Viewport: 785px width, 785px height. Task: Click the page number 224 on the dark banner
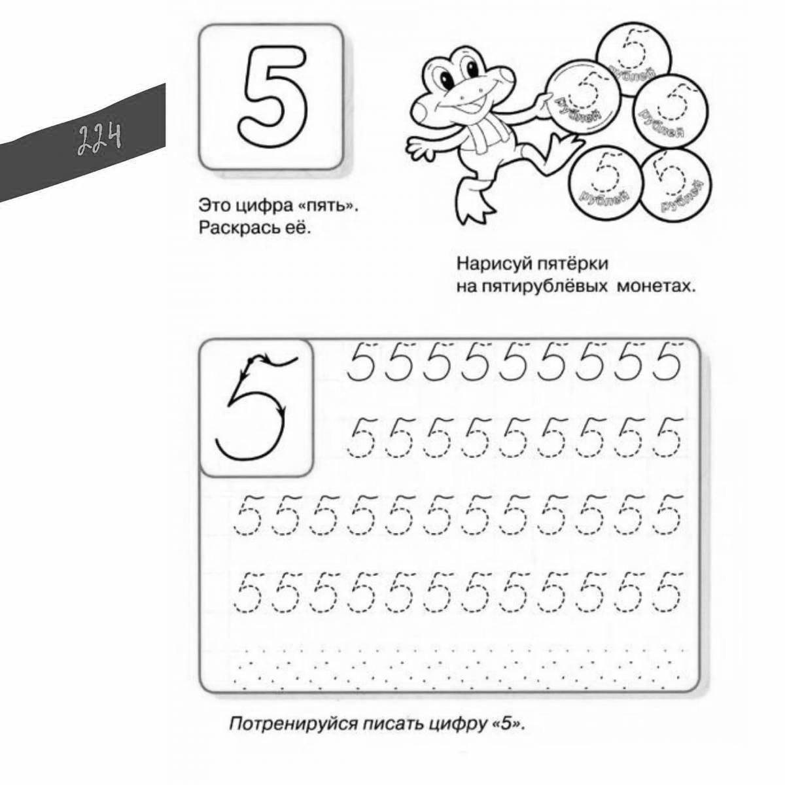[100, 139]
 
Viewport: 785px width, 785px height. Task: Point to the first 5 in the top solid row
[366, 362]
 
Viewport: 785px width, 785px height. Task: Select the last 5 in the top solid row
[668, 362]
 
